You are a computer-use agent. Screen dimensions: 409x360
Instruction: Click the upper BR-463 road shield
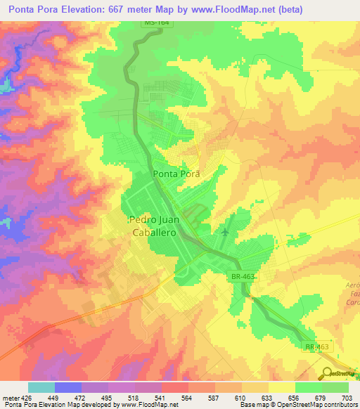(x=242, y=278)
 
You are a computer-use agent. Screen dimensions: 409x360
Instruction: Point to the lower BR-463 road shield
(x=317, y=347)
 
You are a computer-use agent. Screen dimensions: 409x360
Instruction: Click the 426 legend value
(x=27, y=398)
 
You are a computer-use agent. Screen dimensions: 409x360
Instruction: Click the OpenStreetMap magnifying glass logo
(x=327, y=373)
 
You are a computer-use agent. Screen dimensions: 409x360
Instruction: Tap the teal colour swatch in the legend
(x=41, y=387)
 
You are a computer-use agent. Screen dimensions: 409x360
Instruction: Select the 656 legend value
(x=295, y=398)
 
